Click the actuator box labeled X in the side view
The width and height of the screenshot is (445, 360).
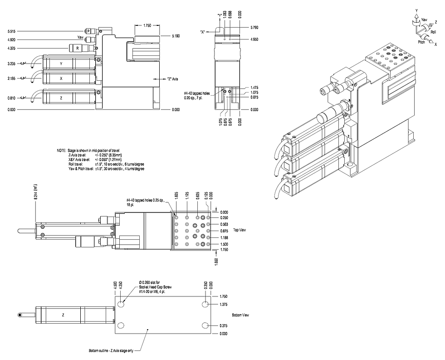tap(61, 78)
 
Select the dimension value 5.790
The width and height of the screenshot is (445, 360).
tap(256, 28)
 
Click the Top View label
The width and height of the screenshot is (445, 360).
tap(240, 231)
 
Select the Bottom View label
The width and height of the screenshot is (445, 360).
tap(240, 315)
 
